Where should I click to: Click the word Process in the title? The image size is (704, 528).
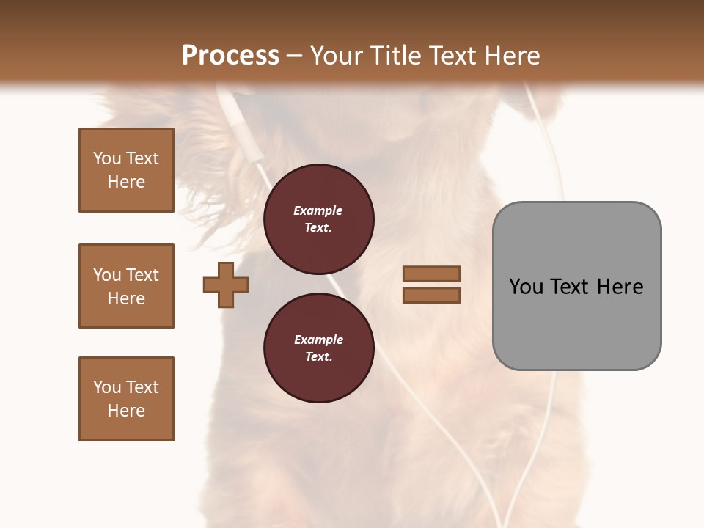(x=230, y=56)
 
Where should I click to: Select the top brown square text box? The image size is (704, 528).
(x=126, y=170)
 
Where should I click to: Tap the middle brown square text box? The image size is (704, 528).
(x=126, y=286)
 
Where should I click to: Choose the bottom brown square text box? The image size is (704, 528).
(x=126, y=399)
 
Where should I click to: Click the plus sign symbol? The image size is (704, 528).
(x=226, y=285)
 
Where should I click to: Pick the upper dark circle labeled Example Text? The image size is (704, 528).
(x=318, y=219)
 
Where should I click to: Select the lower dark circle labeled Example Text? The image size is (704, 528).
(x=318, y=348)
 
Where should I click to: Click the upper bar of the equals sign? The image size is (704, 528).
(x=431, y=274)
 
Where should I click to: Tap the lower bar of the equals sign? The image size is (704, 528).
(x=431, y=296)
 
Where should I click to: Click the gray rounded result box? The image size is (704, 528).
(x=576, y=323)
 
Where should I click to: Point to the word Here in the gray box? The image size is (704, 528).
(x=620, y=287)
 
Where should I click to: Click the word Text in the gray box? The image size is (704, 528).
(x=571, y=287)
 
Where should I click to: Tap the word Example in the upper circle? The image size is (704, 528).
(x=318, y=211)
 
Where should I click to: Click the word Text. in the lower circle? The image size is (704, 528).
(x=318, y=357)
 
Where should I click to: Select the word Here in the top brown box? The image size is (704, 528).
(x=126, y=182)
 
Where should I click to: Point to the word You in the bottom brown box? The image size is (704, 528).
(x=107, y=387)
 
